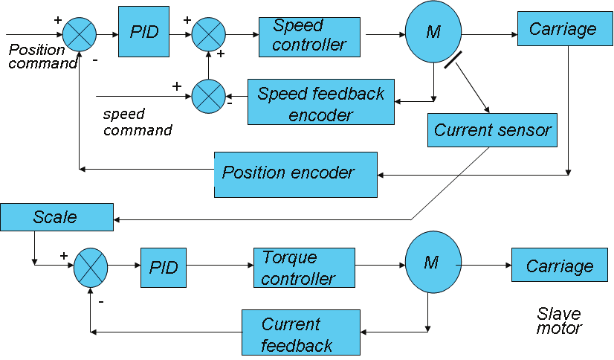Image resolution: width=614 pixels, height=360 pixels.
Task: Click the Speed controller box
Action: tap(309, 35)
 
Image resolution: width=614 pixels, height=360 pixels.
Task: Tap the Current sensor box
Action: tap(492, 130)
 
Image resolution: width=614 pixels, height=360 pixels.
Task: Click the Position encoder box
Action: tap(295, 174)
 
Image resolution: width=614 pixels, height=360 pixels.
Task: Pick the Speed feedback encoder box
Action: tap(320, 103)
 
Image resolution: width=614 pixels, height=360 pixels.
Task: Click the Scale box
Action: tap(55, 216)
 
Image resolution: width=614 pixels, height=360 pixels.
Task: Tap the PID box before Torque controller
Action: tap(164, 267)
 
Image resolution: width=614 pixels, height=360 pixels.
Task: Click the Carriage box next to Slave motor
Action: tap(559, 266)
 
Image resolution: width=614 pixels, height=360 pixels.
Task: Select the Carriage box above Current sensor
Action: tap(563, 30)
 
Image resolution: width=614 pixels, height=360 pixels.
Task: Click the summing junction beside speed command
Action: tap(210, 97)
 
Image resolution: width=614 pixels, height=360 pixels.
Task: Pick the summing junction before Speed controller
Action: tap(210, 35)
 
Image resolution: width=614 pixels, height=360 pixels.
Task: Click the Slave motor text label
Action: tap(559, 321)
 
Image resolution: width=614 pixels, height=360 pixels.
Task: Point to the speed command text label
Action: tap(136, 123)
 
